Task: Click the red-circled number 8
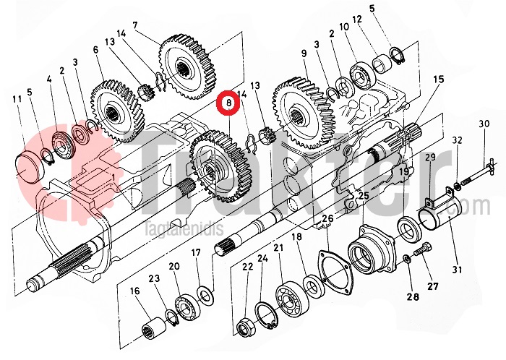click(229, 104)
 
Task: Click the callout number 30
click(484, 124)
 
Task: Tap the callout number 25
click(363, 195)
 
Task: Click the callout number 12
click(356, 20)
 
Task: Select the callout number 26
click(327, 219)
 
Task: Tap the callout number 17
click(196, 252)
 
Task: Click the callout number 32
click(457, 140)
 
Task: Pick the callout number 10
click(343, 27)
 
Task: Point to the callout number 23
click(154, 278)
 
